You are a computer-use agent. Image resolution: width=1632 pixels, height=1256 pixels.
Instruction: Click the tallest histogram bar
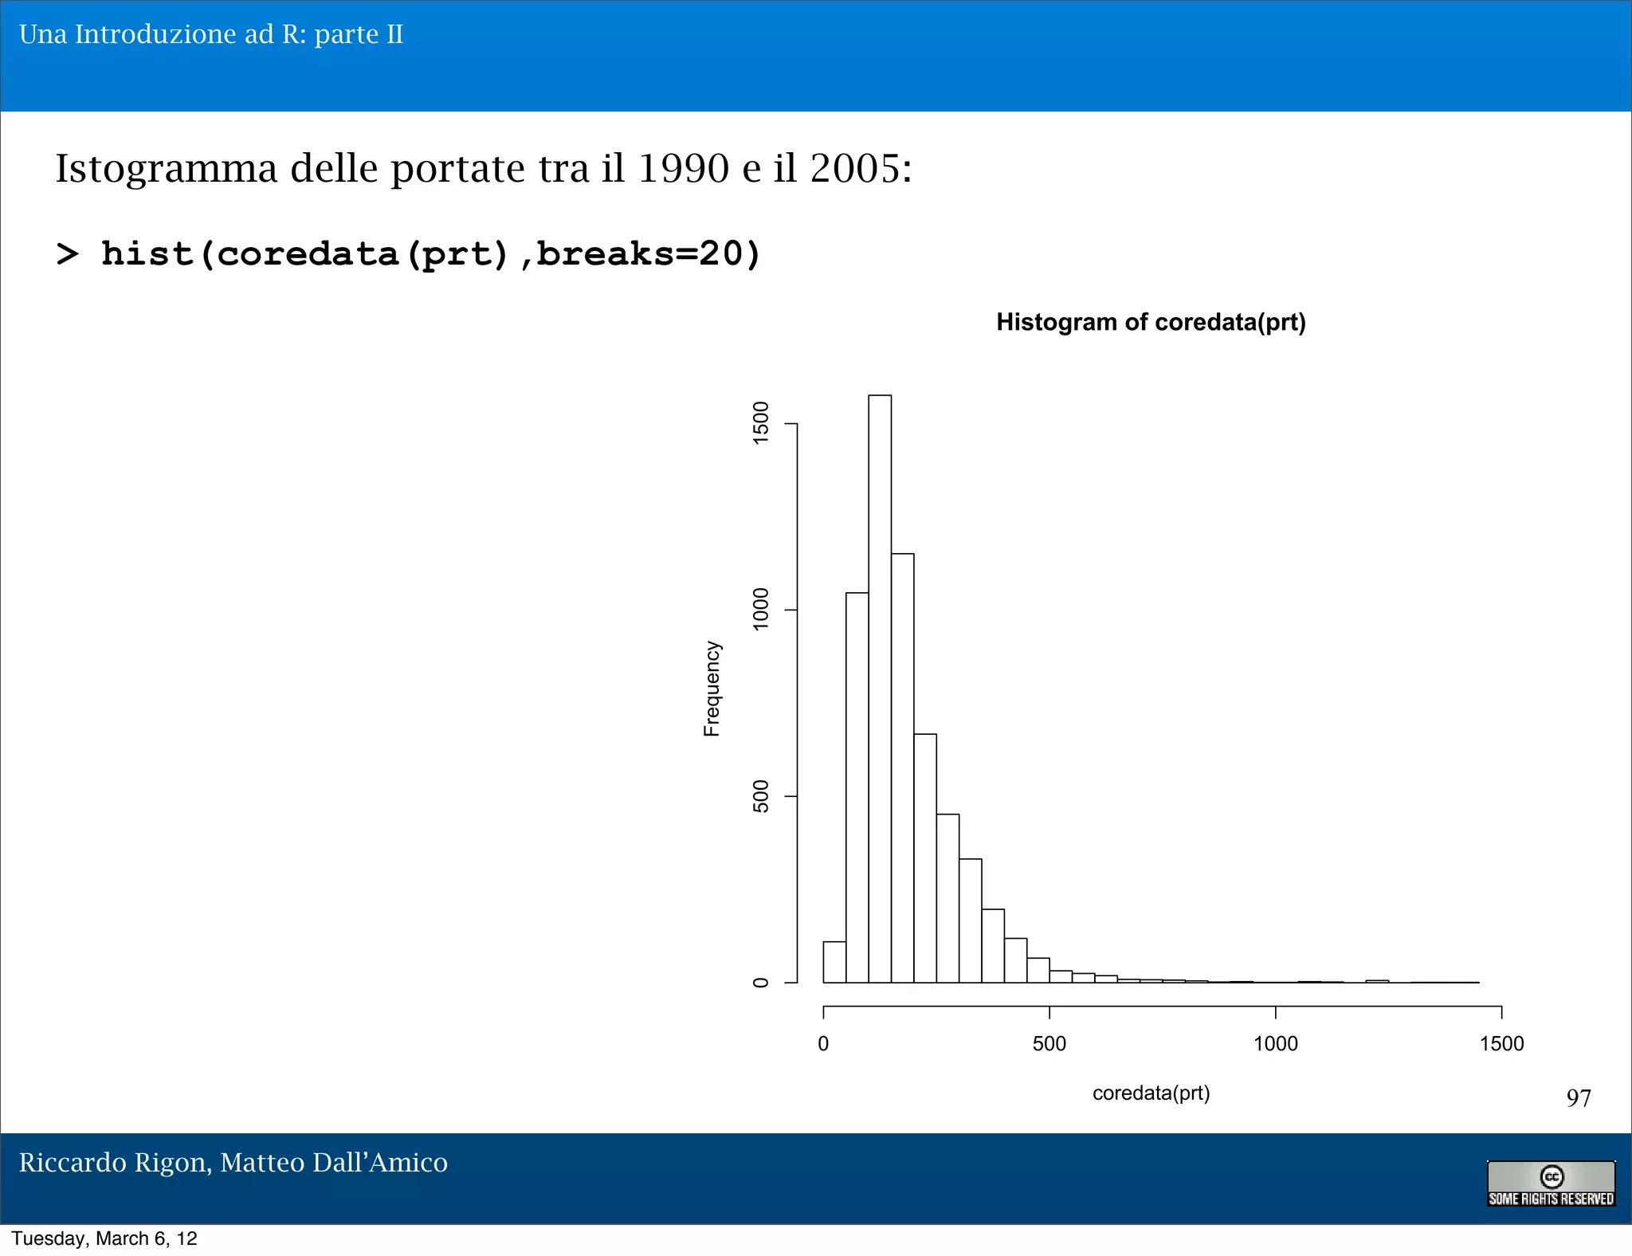(880, 689)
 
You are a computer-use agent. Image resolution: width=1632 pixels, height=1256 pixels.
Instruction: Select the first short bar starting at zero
(834, 963)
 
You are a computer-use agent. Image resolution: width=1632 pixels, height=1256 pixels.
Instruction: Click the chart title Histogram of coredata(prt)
(1151, 322)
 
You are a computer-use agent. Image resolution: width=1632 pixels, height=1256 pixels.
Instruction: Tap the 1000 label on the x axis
(1275, 1044)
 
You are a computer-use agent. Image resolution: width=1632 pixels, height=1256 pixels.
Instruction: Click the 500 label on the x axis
(1049, 1044)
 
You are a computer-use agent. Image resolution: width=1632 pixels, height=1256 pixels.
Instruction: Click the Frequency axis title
(712, 689)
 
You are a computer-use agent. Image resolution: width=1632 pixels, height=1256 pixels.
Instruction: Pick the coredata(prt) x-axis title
(1151, 1093)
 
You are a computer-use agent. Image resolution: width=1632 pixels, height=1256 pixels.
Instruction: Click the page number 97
(1578, 1098)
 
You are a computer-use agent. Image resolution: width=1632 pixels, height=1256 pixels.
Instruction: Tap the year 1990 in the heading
(683, 168)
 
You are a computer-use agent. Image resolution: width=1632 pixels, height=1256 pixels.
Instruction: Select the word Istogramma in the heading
(166, 170)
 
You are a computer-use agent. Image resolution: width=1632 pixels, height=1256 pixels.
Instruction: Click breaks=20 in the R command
(647, 254)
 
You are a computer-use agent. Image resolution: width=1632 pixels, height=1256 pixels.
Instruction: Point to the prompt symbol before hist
(68, 254)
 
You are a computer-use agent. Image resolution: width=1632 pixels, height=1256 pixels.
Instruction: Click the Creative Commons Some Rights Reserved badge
(1551, 1183)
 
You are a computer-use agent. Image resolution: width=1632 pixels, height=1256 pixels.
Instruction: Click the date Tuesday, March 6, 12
(104, 1238)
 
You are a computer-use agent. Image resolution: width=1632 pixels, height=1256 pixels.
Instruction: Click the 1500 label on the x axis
(1501, 1044)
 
